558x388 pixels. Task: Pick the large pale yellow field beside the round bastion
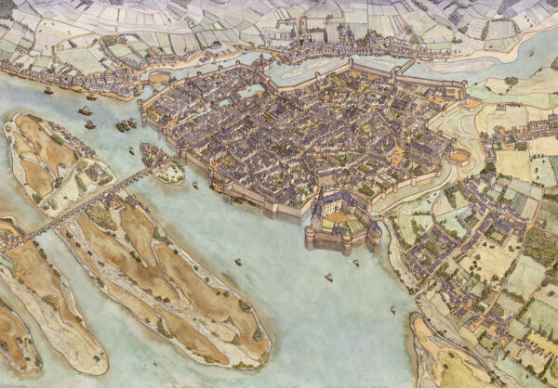click(x=512, y=164)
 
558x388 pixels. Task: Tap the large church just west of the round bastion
click(x=423, y=149)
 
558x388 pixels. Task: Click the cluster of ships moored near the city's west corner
click(x=125, y=124)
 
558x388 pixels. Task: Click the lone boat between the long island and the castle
click(x=238, y=262)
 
